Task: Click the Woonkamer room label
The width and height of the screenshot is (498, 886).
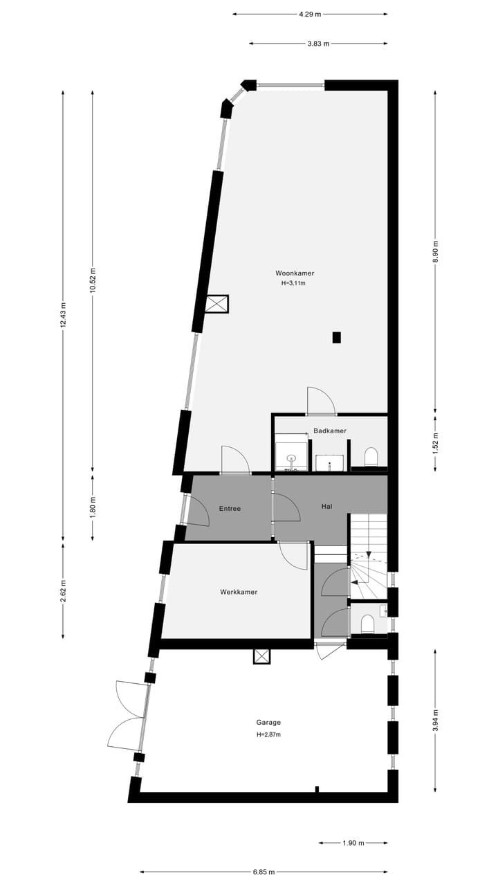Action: (x=293, y=273)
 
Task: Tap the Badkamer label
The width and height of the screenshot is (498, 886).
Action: (x=329, y=431)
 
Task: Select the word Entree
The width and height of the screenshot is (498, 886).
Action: (x=230, y=509)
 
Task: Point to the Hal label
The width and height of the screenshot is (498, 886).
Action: (x=326, y=506)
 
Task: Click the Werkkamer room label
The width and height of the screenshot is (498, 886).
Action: (x=239, y=592)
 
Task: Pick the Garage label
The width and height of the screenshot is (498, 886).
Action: (x=268, y=723)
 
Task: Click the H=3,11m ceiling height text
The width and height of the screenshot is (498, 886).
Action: (x=293, y=283)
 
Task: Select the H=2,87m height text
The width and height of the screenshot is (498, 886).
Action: (x=268, y=734)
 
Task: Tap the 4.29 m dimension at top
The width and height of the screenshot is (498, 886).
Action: (x=310, y=14)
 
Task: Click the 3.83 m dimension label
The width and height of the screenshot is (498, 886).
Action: (x=318, y=44)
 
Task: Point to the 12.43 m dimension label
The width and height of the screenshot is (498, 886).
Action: (x=63, y=316)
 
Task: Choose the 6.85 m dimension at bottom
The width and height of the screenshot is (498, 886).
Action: (x=263, y=872)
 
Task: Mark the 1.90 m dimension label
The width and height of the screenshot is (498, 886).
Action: (x=354, y=843)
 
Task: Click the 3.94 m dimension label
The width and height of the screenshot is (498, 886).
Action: (x=435, y=720)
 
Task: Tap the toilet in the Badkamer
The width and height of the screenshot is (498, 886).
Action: (x=371, y=457)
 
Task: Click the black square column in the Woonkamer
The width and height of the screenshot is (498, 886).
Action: (x=337, y=338)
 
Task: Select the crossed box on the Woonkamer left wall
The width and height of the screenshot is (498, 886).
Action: (x=217, y=304)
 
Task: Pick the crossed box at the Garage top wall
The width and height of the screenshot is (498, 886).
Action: (x=262, y=656)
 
